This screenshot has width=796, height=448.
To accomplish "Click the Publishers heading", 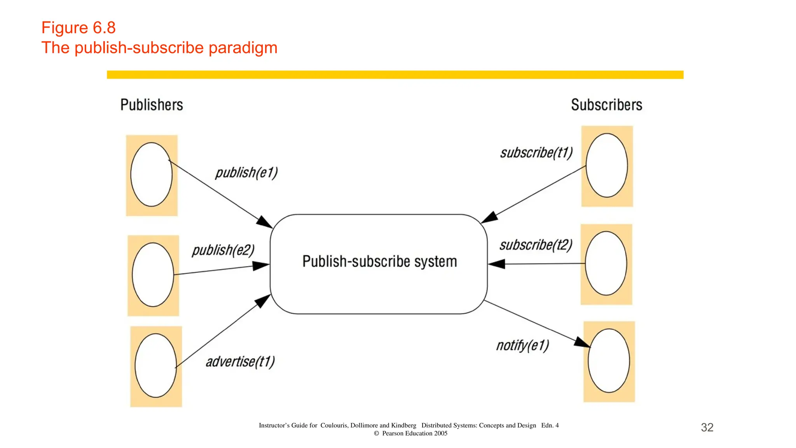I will tap(152, 105).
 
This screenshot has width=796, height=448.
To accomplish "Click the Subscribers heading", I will tap(606, 105).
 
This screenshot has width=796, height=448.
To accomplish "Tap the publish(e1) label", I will tap(246, 173).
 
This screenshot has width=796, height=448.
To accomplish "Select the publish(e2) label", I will tap(223, 250).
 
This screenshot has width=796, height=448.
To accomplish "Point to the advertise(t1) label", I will tap(240, 362).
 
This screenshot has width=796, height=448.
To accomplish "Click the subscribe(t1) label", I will tap(536, 152).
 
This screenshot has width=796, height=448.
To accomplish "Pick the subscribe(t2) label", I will tap(536, 245).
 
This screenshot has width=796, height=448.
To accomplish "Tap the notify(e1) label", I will tap(522, 345).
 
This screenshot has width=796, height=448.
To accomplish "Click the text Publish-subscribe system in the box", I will tap(379, 261).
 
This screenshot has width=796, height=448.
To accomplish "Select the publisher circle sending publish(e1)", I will tap(151, 174).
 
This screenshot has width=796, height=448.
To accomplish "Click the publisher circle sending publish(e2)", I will tap(153, 275).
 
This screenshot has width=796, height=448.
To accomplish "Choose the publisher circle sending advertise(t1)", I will tap(155, 366).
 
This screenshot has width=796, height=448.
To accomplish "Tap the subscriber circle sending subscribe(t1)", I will tap(606, 165).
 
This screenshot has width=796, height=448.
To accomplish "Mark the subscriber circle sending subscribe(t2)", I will tap(606, 263).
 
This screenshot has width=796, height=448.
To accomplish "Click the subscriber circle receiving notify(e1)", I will tap(609, 360).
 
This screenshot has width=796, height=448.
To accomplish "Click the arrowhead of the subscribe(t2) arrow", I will tap(496, 264).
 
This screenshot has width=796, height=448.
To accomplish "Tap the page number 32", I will tap(707, 427).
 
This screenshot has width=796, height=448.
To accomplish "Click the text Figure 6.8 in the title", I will tap(79, 28).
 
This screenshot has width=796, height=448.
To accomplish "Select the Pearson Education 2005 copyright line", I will tap(411, 433).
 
